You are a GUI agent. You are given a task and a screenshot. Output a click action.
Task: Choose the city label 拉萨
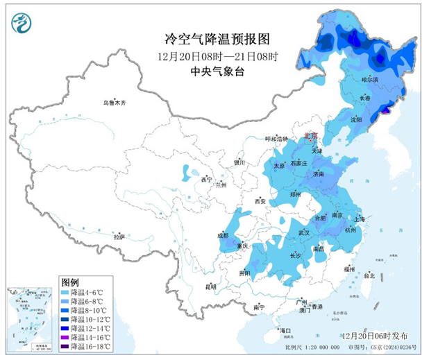point(120,237)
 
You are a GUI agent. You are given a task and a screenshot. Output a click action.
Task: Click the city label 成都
point(223,235)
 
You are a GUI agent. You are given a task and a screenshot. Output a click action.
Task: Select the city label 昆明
point(210,286)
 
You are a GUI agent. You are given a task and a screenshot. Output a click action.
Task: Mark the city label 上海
point(360,219)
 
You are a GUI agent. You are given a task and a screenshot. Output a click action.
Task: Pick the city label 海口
point(283,329)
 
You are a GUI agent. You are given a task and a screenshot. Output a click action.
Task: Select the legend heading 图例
point(69,283)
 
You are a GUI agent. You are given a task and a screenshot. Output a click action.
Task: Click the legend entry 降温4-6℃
point(89,293)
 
